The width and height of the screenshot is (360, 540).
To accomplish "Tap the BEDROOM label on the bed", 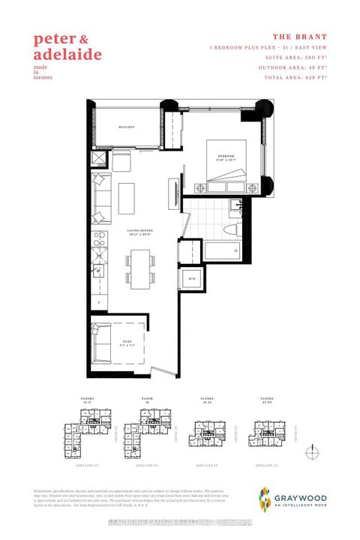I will [226, 156].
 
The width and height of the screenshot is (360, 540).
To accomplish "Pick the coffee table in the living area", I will [124, 197].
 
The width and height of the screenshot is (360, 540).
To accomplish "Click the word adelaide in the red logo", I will [67, 54].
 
